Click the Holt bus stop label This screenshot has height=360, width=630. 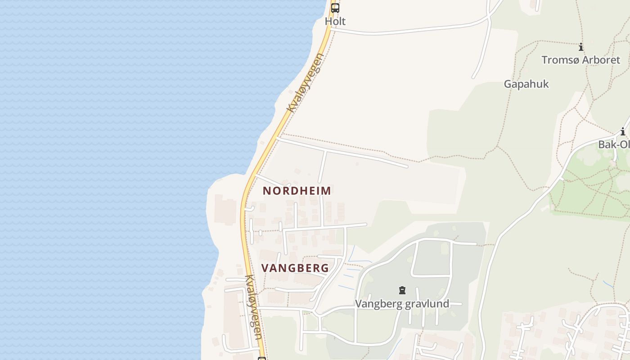pyautogui.click(x=335, y=21)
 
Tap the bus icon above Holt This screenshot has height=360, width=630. pyautogui.click(x=335, y=8)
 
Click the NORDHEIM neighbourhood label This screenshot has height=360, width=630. pyautogui.click(x=297, y=191)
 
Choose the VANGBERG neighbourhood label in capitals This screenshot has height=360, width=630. pyautogui.click(x=295, y=268)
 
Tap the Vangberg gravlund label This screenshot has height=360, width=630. pyautogui.click(x=402, y=304)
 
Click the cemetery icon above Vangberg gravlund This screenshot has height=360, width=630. pyautogui.click(x=402, y=290)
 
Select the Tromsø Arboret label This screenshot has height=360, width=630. pyautogui.click(x=581, y=60)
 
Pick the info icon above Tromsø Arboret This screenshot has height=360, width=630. pyautogui.click(x=581, y=47)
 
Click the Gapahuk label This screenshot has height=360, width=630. pyautogui.click(x=526, y=84)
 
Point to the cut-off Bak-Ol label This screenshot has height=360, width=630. pyautogui.click(x=614, y=144)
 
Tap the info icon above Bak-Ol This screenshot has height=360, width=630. pyautogui.click(x=623, y=132)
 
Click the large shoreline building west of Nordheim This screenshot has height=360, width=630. pyautogui.click(x=225, y=209)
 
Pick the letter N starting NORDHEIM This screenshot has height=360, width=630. pyautogui.click(x=266, y=191)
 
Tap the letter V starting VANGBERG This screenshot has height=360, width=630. pyautogui.click(x=265, y=268)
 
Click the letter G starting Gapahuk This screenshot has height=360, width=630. pyautogui.click(x=508, y=84)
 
